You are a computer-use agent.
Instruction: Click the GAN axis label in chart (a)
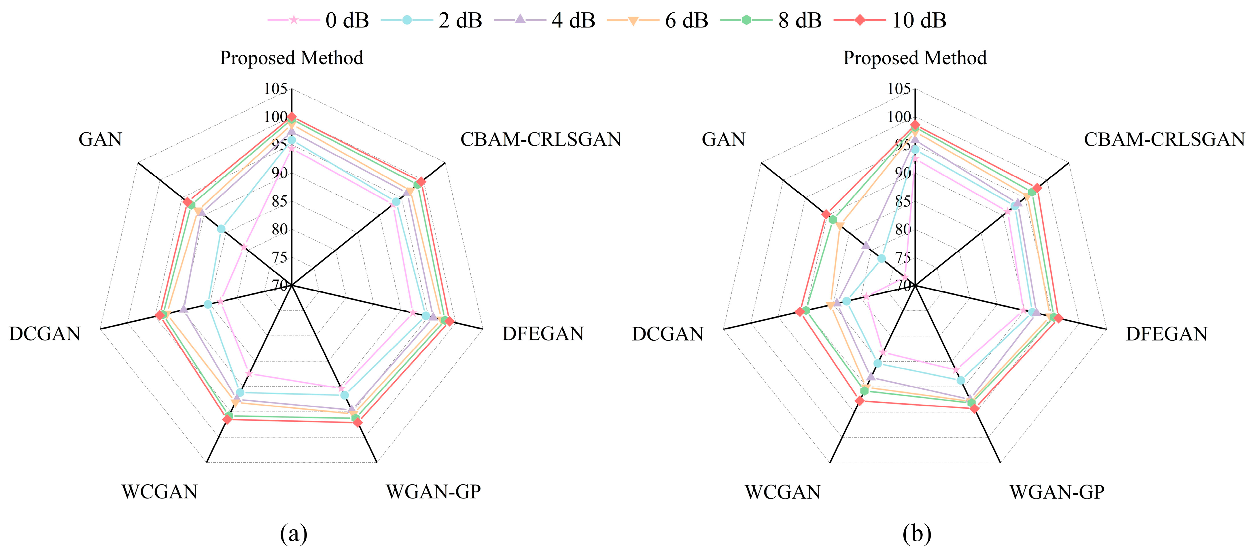pyautogui.click(x=100, y=140)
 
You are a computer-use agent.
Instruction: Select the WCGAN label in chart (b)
pyautogui.click(x=783, y=492)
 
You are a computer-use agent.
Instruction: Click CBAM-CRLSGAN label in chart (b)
pyautogui.click(x=1164, y=140)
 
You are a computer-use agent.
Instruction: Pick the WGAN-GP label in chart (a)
pyautogui.click(x=433, y=492)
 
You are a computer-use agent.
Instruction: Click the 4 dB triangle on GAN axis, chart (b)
pyautogui.click(x=865, y=245)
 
